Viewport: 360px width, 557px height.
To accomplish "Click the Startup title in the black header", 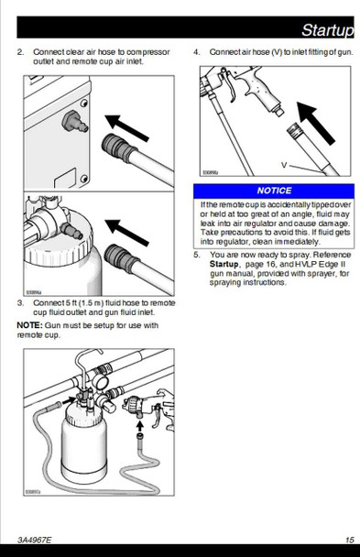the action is click(x=327, y=30).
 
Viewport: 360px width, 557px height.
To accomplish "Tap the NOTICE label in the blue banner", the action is click(x=274, y=191).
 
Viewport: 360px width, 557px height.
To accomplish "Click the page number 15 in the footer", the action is click(x=350, y=540).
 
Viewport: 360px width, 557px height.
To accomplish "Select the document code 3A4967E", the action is click(x=34, y=540).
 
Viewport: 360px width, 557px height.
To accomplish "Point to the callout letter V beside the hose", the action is click(x=284, y=165).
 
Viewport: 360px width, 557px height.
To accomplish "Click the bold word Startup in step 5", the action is click(x=224, y=264).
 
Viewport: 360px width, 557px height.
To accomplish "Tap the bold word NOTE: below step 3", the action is click(x=30, y=325).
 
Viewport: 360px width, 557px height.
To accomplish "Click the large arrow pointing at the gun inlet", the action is click(x=315, y=123).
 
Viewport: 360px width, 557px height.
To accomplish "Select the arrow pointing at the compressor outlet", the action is click(x=126, y=128).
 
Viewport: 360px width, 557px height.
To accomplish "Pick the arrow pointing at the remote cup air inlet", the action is click(x=126, y=233).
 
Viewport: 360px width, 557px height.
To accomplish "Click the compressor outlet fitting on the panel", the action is click(x=74, y=122).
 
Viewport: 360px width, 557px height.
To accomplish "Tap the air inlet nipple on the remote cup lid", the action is click(x=72, y=230).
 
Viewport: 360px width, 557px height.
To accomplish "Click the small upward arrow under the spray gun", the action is click(x=140, y=426).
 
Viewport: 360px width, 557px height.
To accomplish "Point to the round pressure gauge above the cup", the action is click(x=101, y=382).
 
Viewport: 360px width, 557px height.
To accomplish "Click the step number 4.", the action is click(x=197, y=52).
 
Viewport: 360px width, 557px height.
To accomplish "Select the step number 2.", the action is click(x=20, y=52).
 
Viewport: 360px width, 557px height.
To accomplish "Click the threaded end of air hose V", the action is click(x=294, y=131).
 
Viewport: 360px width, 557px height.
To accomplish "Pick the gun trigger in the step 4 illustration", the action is click(x=230, y=87).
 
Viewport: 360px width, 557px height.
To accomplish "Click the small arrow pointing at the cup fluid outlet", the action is click(x=69, y=400).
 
